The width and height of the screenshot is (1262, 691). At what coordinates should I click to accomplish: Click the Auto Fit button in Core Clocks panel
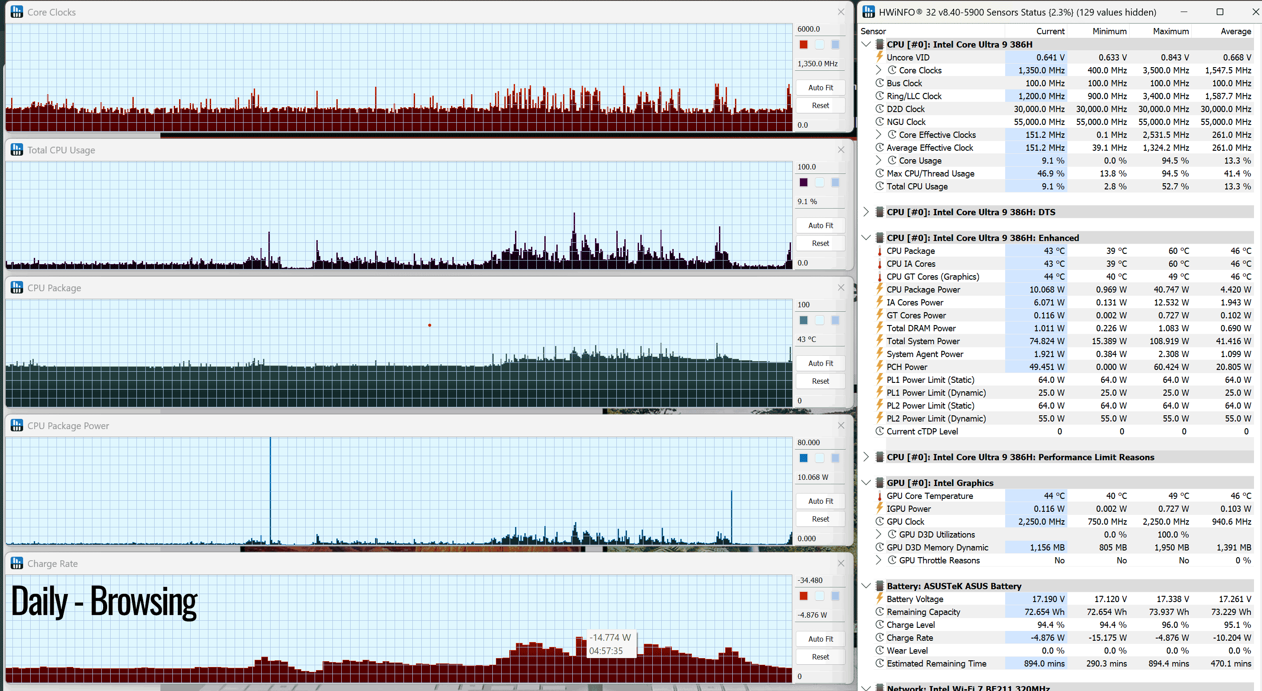coord(820,88)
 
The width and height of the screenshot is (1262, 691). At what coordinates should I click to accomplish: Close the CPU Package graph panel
coord(841,288)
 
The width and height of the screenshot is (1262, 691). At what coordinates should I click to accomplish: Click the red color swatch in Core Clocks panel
coord(803,44)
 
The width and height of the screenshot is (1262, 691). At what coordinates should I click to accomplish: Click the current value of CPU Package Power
coord(1046,289)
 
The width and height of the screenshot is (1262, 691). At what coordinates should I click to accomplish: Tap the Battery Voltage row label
coord(915,599)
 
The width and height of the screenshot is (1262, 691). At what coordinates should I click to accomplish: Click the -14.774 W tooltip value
coord(610,638)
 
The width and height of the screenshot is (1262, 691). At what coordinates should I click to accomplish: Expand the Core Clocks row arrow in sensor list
coord(879,70)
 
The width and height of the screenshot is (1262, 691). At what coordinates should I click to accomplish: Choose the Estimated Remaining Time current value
coord(1044,663)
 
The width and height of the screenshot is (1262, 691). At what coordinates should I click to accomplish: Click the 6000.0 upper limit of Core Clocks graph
coord(808,29)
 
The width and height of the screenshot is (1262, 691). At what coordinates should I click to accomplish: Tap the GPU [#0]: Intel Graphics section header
coord(940,483)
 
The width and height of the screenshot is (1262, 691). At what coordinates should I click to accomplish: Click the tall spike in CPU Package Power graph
coord(270,490)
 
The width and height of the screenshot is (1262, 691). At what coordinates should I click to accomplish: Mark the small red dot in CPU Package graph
coord(430,325)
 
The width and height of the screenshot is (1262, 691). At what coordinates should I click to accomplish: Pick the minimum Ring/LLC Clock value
coord(1107,96)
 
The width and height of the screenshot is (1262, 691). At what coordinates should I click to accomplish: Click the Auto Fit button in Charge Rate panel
coord(820,639)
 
